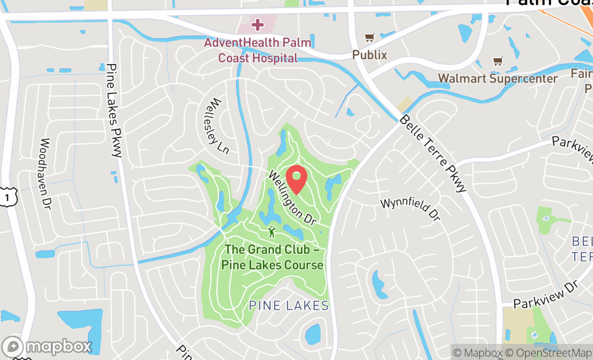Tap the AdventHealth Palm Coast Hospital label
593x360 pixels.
tap(258, 50)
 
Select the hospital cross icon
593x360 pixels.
tap(258, 24)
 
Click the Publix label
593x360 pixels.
tap(370, 54)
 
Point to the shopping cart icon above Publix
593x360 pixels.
tap(369, 38)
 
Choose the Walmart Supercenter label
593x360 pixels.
tap(498, 79)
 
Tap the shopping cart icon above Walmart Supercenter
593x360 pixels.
tap(498, 61)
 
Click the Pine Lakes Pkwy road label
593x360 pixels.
tap(115, 110)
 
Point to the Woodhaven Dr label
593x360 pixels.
tap(45, 174)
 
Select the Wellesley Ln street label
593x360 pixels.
tap(218, 126)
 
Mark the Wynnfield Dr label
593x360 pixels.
tap(410, 210)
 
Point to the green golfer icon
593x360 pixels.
tap(272, 232)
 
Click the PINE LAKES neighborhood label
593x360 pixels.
tap(288, 306)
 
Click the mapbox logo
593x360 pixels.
tap(46, 346)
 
